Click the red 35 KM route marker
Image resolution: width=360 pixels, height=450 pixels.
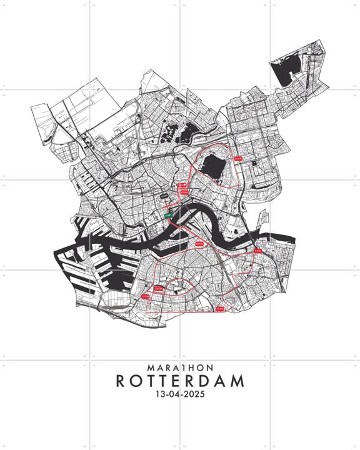coord(237,159)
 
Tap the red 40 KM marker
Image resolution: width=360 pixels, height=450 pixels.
coord(184,192)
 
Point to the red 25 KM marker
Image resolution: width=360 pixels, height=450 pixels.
coord(199,243)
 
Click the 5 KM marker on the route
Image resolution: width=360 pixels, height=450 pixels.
coord(258,250)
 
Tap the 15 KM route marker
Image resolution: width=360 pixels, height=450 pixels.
coord(146,296)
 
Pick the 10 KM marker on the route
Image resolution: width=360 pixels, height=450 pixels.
coord(219,309)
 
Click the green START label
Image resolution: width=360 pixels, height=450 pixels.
coord(168,215)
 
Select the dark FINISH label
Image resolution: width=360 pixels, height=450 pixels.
coord(164,196)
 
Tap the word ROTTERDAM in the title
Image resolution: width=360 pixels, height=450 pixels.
coord(180,381)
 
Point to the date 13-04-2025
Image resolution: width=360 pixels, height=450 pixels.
coord(180,395)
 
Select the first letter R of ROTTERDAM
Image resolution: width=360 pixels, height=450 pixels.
coord(121,381)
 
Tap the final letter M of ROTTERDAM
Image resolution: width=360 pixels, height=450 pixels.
coord(237,381)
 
